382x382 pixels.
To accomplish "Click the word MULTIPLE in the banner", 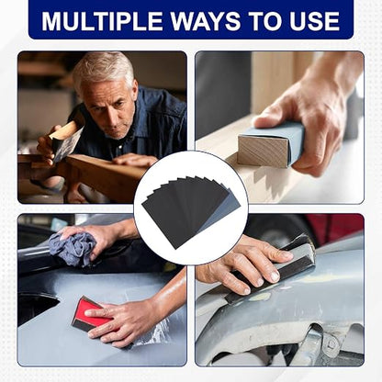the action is pos(102,21).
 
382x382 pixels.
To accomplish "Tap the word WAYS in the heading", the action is pos(205,21).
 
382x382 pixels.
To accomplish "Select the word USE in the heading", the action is pos(315,21).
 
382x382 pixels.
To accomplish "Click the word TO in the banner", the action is pos(265,21).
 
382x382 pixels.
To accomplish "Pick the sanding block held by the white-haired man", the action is pos(67,137).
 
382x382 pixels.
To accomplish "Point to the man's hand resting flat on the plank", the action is pos(135,160).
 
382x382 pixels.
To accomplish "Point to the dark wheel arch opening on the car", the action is pos(36,306).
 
